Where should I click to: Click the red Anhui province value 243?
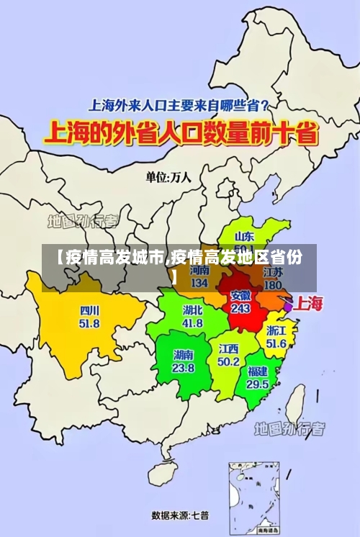(x=240, y=308)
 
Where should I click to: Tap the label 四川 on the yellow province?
(x=90, y=311)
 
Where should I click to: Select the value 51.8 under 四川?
(x=90, y=324)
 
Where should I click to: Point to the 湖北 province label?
(x=193, y=310)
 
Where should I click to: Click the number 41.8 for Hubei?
(x=193, y=323)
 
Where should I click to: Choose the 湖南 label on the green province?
(x=183, y=355)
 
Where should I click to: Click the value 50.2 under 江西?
(x=228, y=361)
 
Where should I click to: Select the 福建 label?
(x=258, y=371)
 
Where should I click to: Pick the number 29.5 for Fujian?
(x=258, y=384)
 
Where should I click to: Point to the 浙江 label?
(x=276, y=330)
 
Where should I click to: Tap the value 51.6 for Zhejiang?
(x=276, y=343)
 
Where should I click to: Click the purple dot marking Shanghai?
(x=288, y=307)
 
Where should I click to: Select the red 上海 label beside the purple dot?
(x=309, y=303)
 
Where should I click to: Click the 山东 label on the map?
(x=245, y=235)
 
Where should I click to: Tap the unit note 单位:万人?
(x=168, y=176)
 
